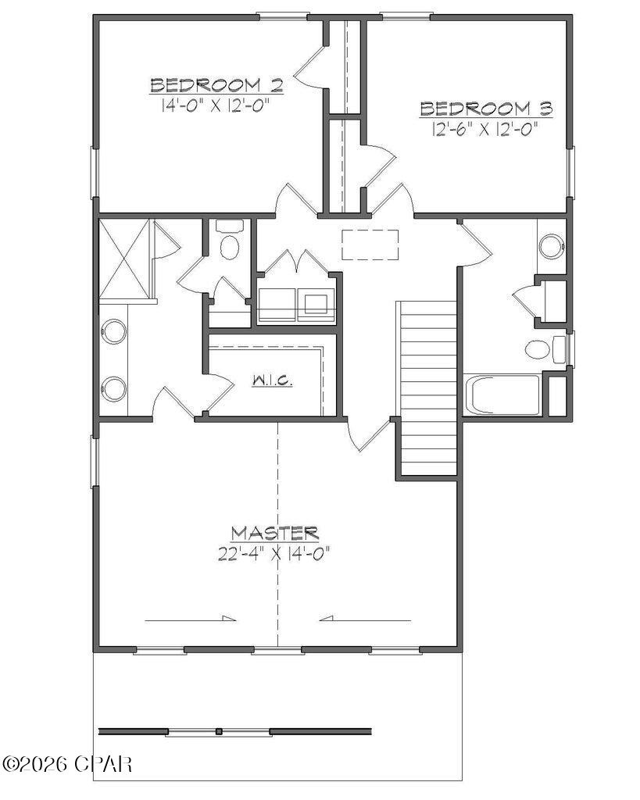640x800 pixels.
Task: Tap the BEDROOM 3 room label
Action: (486, 109)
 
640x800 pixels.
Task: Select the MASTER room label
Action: (274, 534)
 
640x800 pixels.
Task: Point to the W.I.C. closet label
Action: (272, 381)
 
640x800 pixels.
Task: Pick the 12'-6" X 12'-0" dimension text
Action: (486, 130)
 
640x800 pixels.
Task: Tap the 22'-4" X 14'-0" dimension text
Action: (274, 555)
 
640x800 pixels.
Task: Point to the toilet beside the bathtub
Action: (539, 348)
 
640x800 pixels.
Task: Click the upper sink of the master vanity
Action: (114, 332)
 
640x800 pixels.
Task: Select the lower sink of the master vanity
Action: (114, 388)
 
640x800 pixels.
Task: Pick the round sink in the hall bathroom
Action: (552, 246)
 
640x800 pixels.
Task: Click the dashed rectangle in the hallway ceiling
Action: (370, 245)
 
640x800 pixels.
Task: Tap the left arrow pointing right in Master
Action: (190, 619)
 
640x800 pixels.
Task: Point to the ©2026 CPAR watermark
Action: (67, 762)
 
